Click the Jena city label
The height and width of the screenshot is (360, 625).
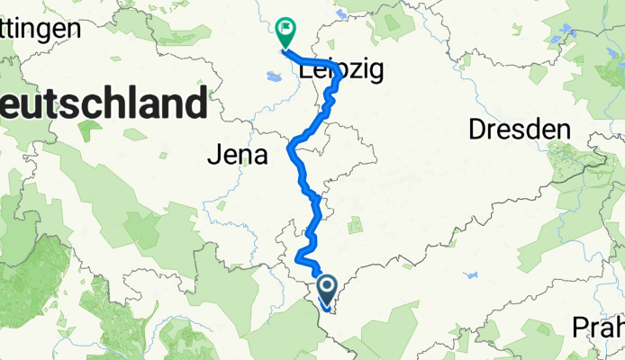238,156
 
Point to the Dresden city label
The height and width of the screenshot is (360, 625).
520,130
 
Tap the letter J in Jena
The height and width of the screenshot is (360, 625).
213,156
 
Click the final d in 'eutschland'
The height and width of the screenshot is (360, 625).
192,103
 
